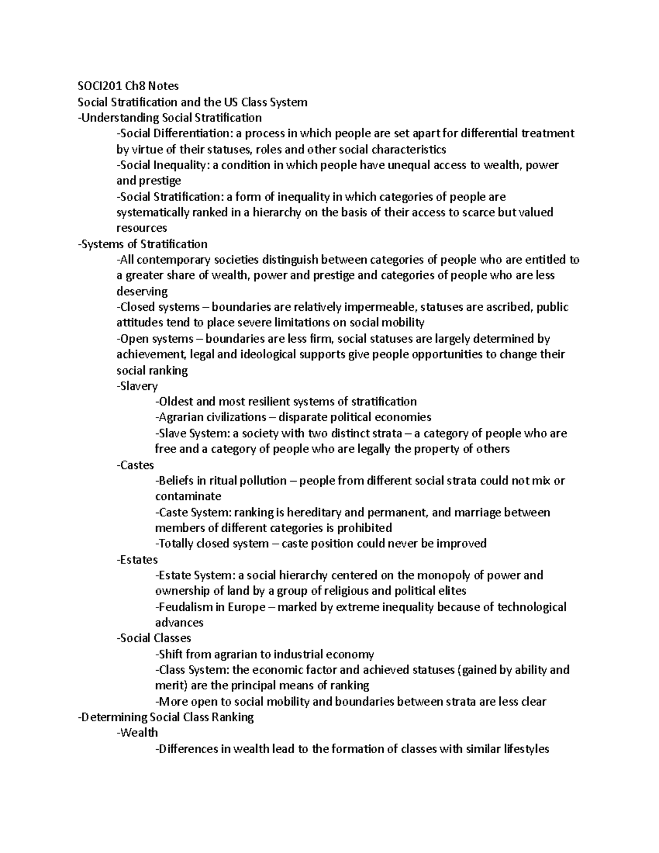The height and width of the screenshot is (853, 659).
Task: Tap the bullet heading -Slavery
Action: point(137,386)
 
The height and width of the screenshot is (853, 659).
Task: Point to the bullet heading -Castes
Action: point(136,465)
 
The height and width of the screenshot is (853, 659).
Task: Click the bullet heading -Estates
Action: point(137,560)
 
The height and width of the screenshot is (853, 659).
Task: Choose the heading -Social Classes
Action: point(154,638)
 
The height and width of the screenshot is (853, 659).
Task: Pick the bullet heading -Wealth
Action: point(137,733)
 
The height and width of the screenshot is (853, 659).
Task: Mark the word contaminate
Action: point(188,497)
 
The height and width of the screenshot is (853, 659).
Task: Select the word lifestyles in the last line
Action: point(522,749)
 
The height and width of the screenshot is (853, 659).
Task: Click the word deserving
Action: point(142,291)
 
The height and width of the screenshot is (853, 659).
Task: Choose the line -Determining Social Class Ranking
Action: point(166,717)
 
